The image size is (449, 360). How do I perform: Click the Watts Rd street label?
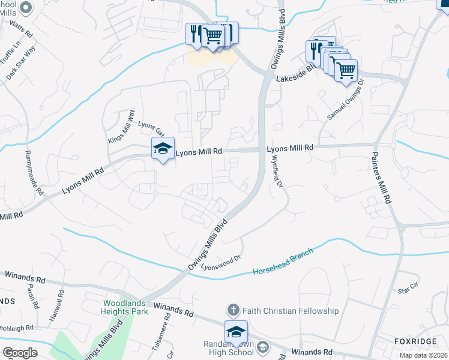click(x=20, y=26)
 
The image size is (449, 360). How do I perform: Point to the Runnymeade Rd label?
click(x=34, y=172)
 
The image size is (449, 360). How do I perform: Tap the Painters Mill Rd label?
click(x=384, y=183)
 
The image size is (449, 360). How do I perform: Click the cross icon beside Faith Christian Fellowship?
click(x=233, y=310)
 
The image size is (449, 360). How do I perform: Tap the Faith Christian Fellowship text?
click(x=291, y=311)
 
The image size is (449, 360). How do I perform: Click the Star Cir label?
click(x=408, y=290)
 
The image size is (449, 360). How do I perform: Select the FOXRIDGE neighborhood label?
click(x=415, y=341)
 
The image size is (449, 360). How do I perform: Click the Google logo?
click(x=20, y=352)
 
